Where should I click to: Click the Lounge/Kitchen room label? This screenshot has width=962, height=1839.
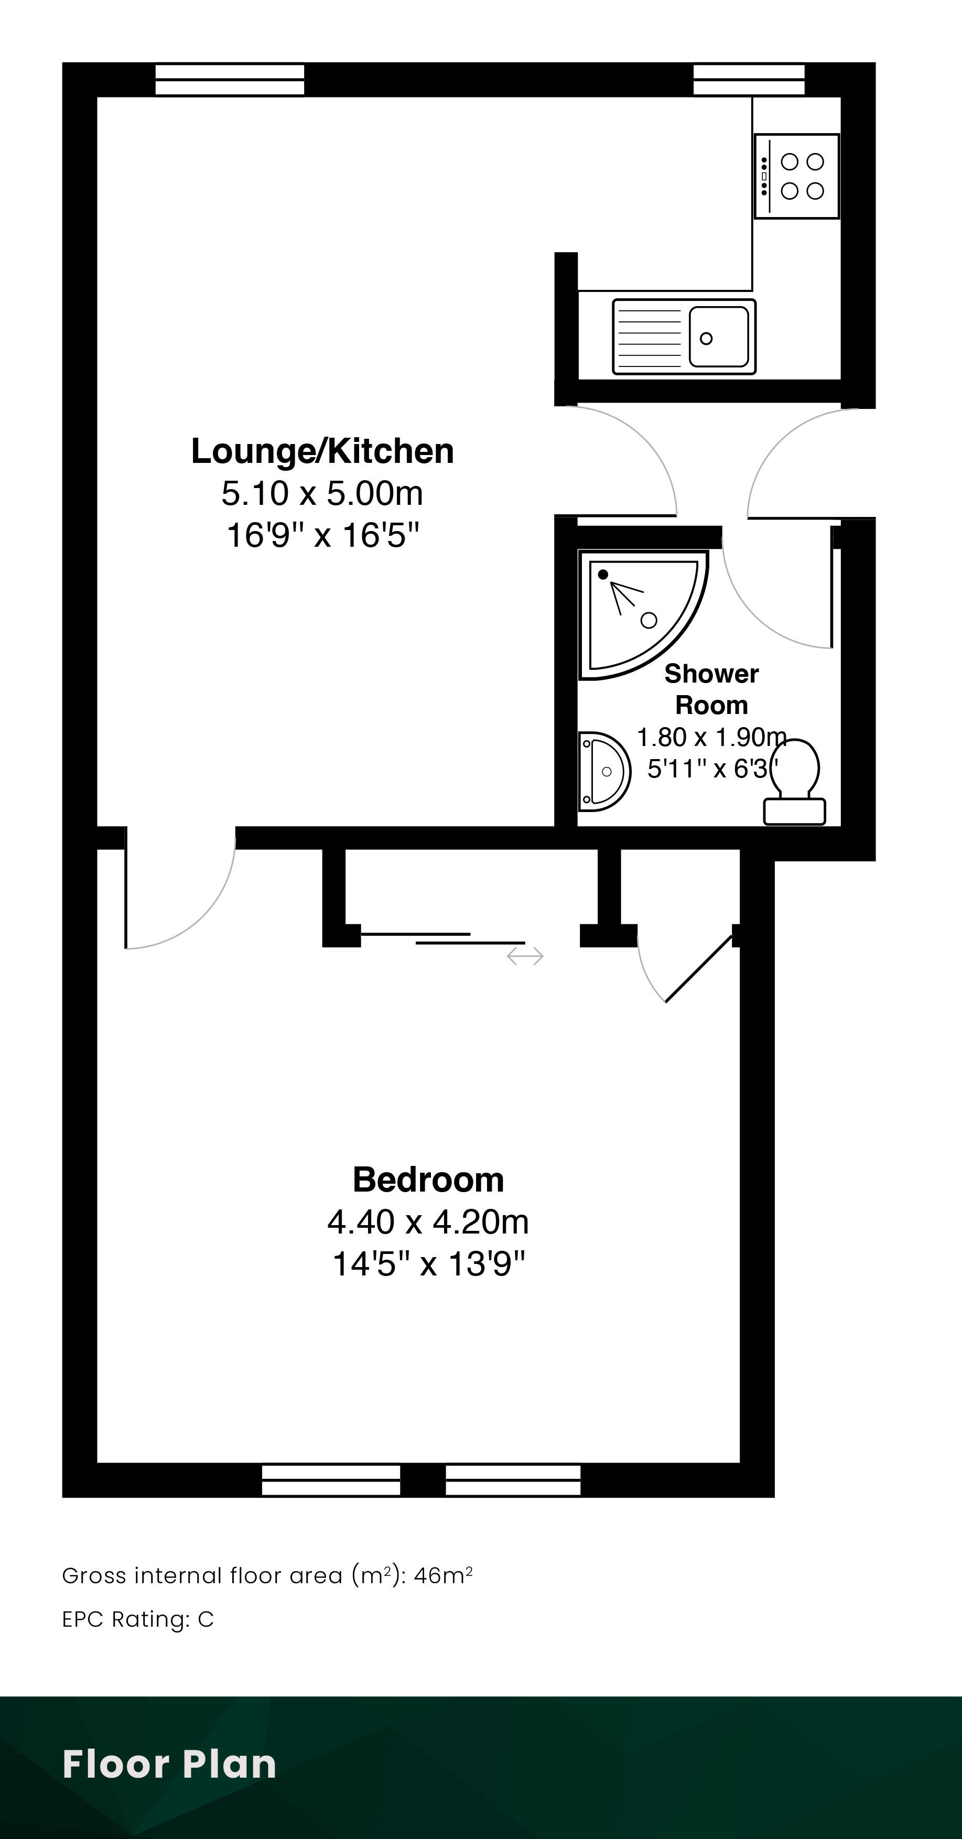point(322,451)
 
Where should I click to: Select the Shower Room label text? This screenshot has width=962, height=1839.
point(711,689)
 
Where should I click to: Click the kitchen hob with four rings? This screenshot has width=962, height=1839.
point(797,176)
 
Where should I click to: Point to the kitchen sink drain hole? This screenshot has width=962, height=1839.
point(706,338)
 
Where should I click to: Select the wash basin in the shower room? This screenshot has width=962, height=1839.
point(604,772)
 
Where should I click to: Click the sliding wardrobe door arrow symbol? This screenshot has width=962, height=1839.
point(525,956)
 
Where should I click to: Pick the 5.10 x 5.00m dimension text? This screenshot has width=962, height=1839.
point(322,493)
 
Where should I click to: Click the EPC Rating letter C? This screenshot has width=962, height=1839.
point(206,1620)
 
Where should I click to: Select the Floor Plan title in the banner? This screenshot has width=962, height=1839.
point(169,1764)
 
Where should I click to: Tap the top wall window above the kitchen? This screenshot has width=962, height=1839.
point(749,80)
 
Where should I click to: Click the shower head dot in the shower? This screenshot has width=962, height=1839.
point(603,574)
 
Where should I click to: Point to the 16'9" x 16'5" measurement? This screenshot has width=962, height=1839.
point(322,535)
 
